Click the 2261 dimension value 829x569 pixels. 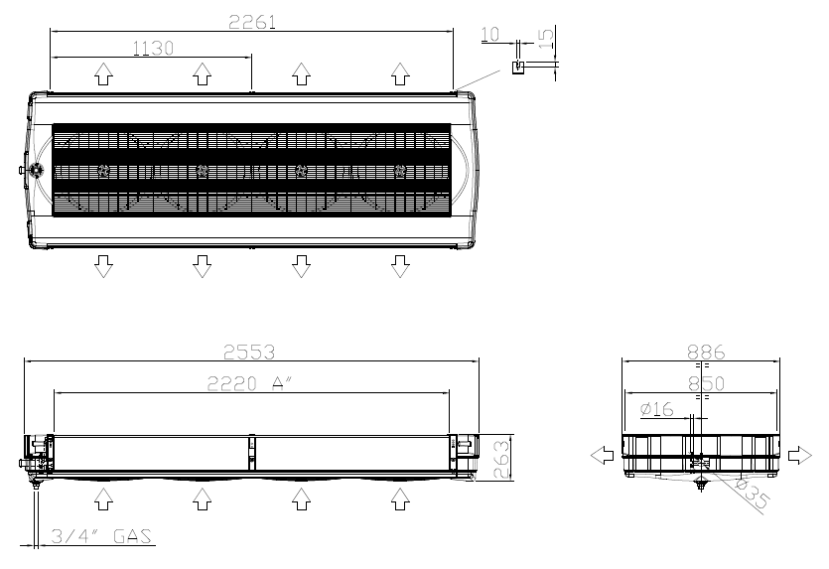[x=252, y=22]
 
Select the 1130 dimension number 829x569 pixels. [x=153, y=48]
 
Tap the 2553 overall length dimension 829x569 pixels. [x=249, y=353]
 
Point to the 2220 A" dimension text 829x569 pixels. [x=249, y=383]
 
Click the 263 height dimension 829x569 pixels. [x=501, y=458]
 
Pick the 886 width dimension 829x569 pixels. [x=706, y=353]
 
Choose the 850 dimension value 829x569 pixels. [x=706, y=383]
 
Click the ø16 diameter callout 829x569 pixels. [x=656, y=409]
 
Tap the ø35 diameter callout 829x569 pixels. [x=753, y=493]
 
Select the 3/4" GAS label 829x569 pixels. [x=101, y=536]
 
